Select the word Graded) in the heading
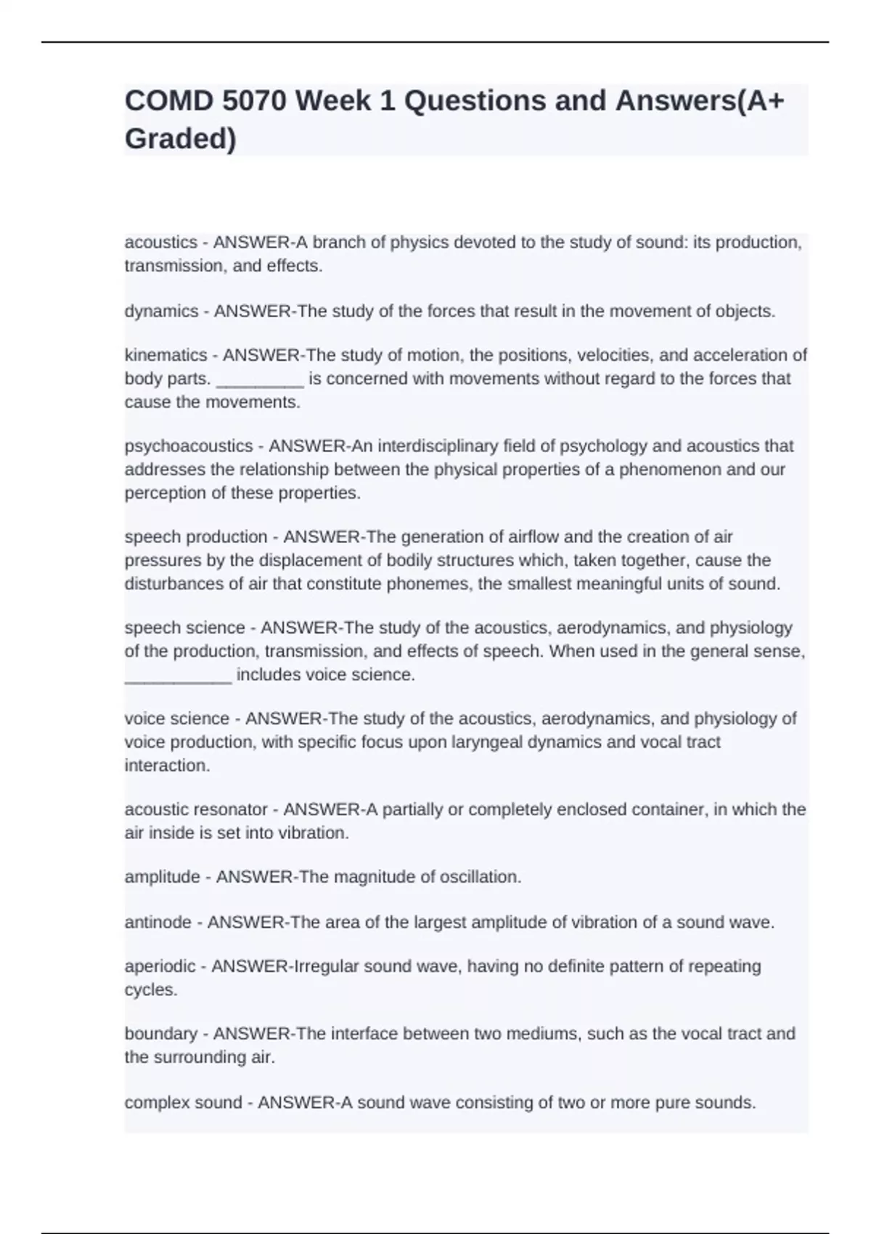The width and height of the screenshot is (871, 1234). pyautogui.click(x=180, y=139)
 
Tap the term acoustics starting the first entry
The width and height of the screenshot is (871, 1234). pyautogui.click(x=160, y=242)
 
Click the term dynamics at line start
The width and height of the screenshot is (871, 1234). pyautogui.click(x=161, y=311)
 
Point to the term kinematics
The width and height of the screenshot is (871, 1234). pyautogui.click(x=165, y=355)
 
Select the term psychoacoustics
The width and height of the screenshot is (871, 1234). pyautogui.click(x=189, y=446)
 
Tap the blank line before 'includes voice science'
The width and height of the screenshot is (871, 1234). pyautogui.click(x=178, y=675)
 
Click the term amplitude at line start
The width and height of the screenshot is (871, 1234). pyautogui.click(x=160, y=877)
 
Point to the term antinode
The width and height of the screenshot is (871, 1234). pyautogui.click(x=157, y=923)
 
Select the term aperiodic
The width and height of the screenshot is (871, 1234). pyautogui.click(x=160, y=967)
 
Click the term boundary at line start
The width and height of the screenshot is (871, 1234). pyautogui.click(x=160, y=1034)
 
